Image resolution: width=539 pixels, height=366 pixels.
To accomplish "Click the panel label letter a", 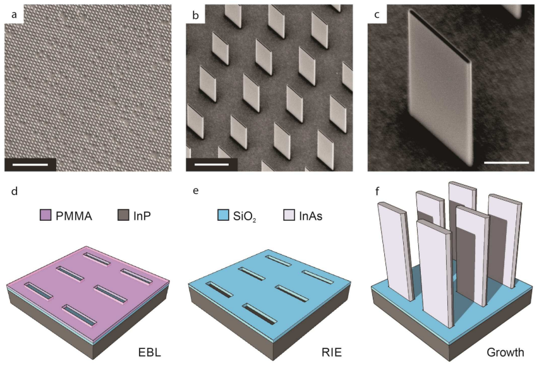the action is pyautogui.click(x=14, y=15).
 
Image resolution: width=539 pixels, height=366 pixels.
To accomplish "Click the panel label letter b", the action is pyautogui.click(x=196, y=15).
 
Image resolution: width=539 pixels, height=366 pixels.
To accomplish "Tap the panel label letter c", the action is pyautogui.click(x=377, y=15).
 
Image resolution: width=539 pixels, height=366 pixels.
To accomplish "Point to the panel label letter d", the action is pyautogui.click(x=14, y=191).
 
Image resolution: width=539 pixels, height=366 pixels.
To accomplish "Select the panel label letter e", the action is pyautogui.click(x=196, y=191).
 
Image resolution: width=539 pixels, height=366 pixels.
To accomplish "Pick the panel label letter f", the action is pyautogui.click(x=377, y=191).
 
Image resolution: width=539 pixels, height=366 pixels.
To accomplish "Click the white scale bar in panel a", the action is pyautogui.click(x=30, y=165).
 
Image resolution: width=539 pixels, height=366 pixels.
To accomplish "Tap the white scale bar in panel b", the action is pyautogui.click(x=212, y=165).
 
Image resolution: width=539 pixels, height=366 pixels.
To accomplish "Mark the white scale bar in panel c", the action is pyautogui.click(x=506, y=162).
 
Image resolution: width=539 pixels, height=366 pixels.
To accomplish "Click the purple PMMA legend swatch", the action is pyautogui.click(x=45, y=215).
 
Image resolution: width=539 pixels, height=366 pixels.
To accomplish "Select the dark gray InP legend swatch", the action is pyautogui.click(x=123, y=215).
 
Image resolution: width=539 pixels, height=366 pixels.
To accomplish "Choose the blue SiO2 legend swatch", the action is pyautogui.click(x=223, y=215).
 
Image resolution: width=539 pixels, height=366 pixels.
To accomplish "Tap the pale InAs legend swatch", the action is pyautogui.click(x=289, y=215).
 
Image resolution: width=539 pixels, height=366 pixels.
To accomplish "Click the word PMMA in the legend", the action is pyautogui.click(x=74, y=216).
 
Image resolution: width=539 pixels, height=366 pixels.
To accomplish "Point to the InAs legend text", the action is pyautogui.click(x=311, y=216).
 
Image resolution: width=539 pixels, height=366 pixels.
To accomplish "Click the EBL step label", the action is pyautogui.click(x=150, y=353).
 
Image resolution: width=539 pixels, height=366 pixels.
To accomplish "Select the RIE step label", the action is pyautogui.click(x=331, y=353).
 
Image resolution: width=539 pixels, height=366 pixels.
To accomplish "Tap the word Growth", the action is pyautogui.click(x=506, y=353).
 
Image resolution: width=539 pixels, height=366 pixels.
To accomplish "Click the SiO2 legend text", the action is pyautogui.click(x=245, y=216).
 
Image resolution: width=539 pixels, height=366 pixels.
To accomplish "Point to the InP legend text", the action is pyautogui.click(x=142, y=216).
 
